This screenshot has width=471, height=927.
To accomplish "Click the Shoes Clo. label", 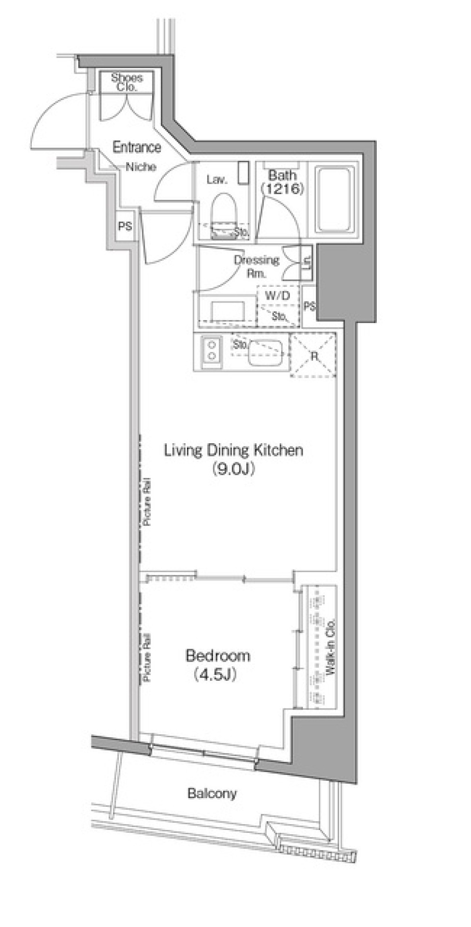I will (127, 82).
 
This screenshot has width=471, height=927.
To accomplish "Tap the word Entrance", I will (137, 147).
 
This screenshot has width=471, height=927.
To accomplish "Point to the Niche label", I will (141, 167).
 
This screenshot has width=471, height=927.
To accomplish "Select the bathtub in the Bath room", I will (334, 200).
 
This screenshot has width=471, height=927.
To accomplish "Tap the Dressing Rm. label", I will (256, 266).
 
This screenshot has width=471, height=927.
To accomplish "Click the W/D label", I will (278, 295).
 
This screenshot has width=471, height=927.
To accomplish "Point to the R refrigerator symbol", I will (314, 355).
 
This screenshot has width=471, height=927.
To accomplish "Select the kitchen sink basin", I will (265, 353).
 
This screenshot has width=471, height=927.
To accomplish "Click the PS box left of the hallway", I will (125, 226).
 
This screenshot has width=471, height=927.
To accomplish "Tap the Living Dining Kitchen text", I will (233, 450).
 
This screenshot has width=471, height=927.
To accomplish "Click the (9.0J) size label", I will (233, 470).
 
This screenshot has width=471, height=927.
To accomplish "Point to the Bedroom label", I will (218, 655).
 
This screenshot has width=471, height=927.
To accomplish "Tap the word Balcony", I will (212, 793).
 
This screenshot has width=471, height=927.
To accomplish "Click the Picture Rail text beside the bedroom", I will (147, 658).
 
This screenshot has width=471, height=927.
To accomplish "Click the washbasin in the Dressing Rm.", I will (228, 310).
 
